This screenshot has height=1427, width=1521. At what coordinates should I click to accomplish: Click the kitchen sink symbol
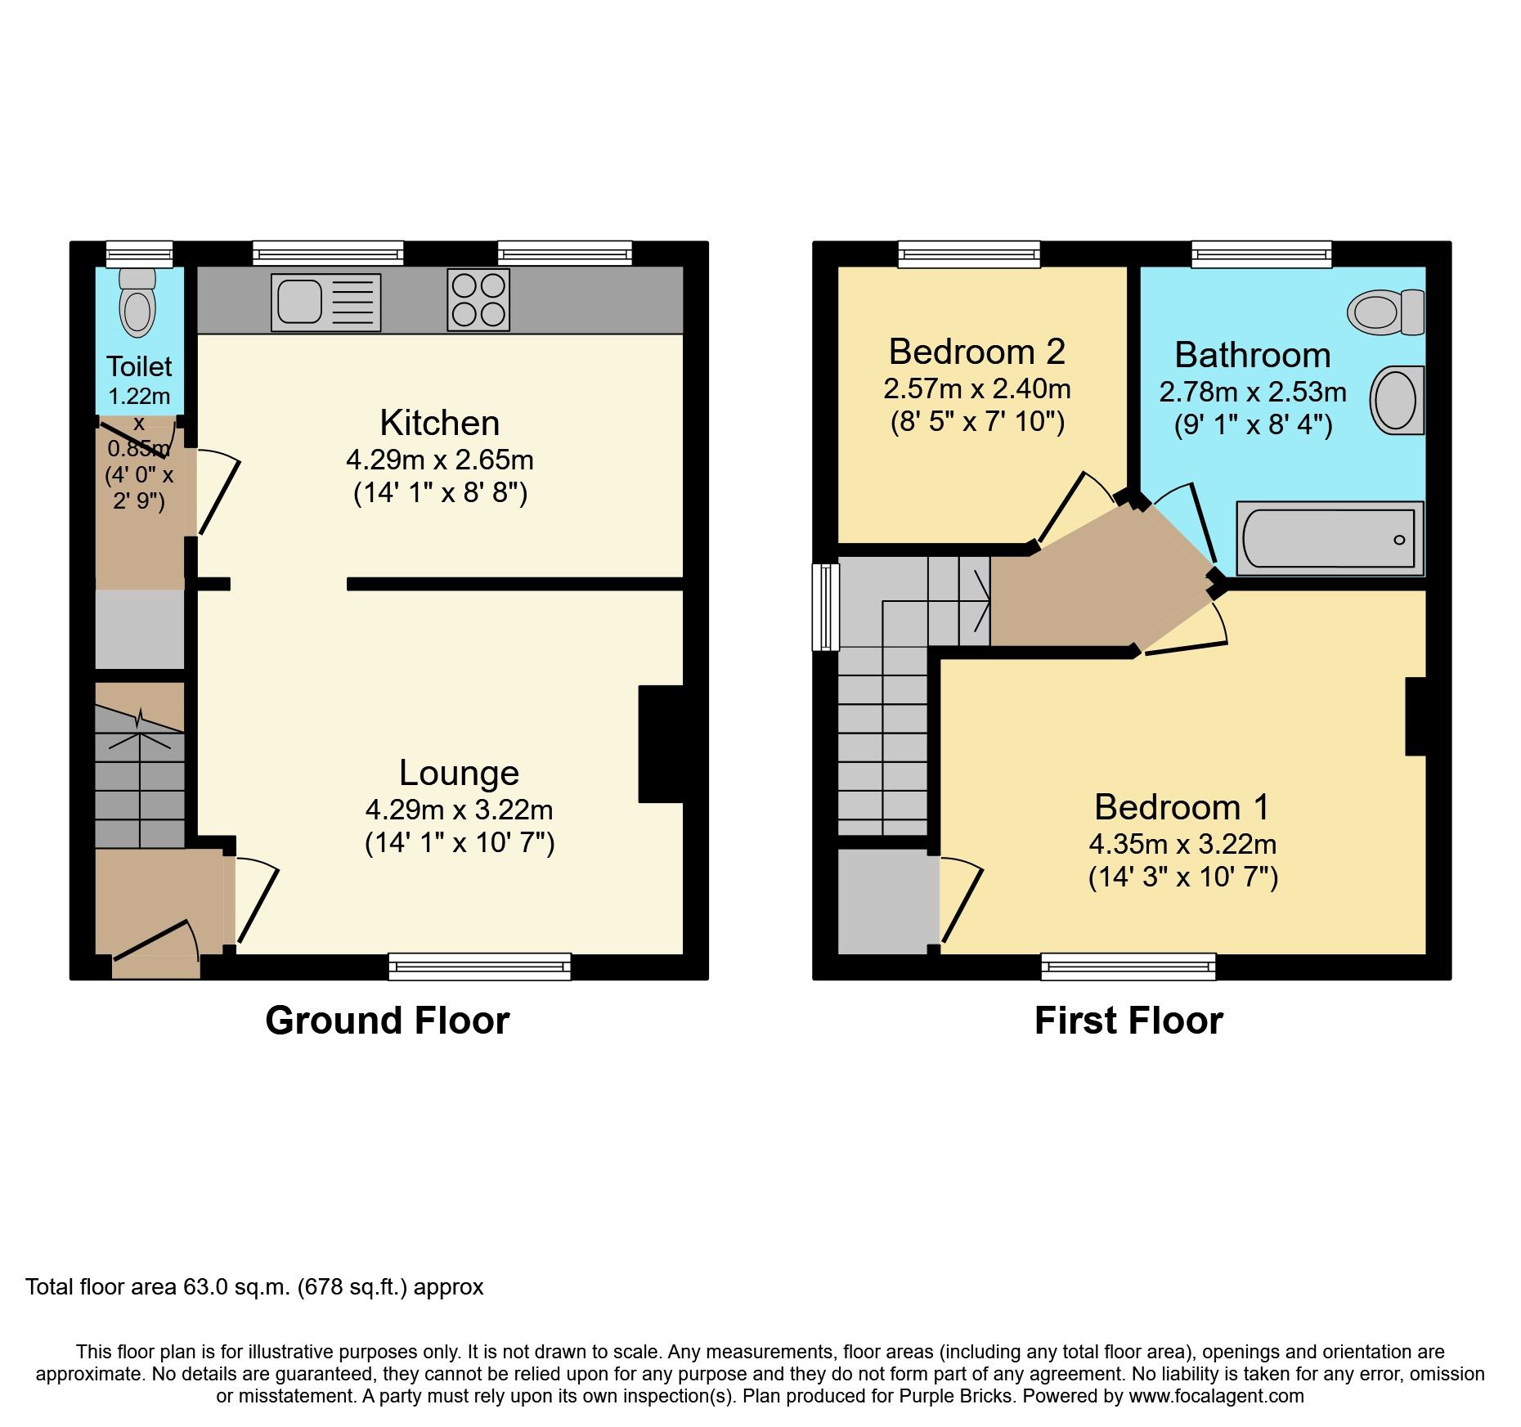pos(325,303)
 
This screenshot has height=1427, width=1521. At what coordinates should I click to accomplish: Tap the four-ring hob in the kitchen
pos(478,299)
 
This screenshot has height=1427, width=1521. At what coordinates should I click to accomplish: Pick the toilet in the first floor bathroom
pos(1385,312)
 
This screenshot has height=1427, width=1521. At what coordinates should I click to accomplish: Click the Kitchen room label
pos(440,423)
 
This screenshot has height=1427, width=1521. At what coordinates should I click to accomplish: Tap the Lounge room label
pos(459,773)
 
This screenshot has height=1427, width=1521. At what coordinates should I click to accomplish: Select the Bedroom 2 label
pos(976,352)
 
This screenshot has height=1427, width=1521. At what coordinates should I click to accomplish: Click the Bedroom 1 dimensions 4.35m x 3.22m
pos(1182,844)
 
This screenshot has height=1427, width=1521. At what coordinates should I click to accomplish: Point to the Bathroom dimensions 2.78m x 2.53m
pos(1252,392)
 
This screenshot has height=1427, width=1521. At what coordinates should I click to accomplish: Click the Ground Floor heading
pos(387,1021)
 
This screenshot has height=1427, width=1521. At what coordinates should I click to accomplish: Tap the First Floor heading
pos(1128,1021)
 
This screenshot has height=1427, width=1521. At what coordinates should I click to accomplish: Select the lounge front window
pos(479,967)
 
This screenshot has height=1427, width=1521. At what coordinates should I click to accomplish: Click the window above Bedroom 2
pos(969,254)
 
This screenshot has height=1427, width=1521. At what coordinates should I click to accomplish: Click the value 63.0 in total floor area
pos(205,1287)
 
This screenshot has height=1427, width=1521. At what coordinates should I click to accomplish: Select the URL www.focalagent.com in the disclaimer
pos(1216,1396)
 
